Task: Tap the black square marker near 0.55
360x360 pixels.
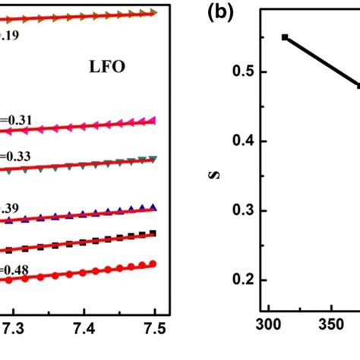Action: click(x=285, y=37)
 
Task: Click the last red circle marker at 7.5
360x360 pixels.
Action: click(x=153, y=264)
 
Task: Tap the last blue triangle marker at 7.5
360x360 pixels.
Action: click(x=153, y=207)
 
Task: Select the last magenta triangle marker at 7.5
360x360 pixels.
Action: click(x=153, y=120)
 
